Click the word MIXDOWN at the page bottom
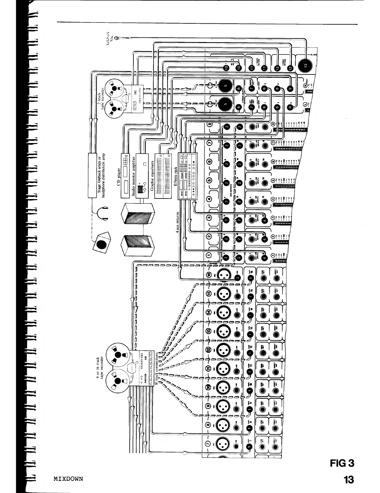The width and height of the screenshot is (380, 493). (68, 478)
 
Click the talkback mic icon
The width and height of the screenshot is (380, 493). (117, 38)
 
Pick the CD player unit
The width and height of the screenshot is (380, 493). (124, 176)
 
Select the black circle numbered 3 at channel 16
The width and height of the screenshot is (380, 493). (238, 278)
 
